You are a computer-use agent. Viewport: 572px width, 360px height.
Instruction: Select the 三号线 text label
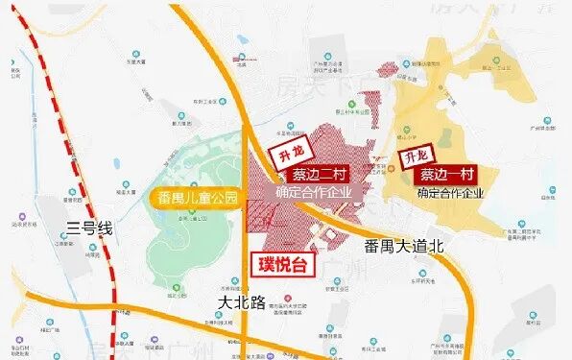click(90, 228)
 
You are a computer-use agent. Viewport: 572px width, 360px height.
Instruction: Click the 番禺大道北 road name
click(406, 247)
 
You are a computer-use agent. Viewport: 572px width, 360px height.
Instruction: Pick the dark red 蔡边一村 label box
click(448, 177)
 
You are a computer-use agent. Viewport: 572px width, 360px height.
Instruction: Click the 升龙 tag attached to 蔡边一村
click(415, 155)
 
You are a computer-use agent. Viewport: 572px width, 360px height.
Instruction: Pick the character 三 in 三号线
click(73, 228)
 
